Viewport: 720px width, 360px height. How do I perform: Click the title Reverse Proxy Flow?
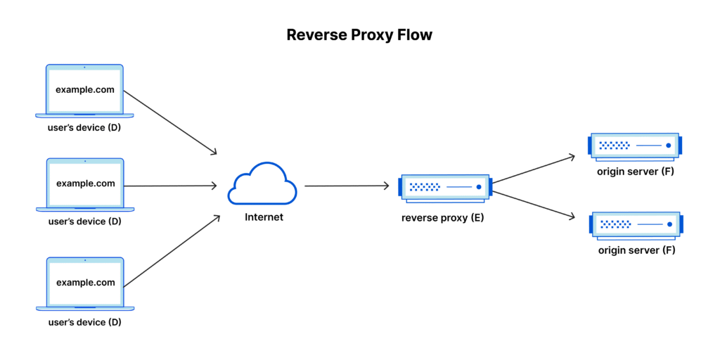pyautogui.click(x=359, y=35)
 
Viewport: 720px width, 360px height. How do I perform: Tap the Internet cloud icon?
pyautogui.click(x=262, y=184)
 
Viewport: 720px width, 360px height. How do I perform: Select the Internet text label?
pyautogui.click(x=264, y=217)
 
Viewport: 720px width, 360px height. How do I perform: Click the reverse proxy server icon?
pyautogui.click(x=444, y=187)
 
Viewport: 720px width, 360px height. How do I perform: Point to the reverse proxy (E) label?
pyautogui.click(x=442, y=218)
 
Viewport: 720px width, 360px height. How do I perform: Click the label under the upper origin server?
pyautogui.click(x=636, y=172)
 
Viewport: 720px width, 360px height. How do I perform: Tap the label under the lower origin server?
pyautogui.click(x=636, y=250)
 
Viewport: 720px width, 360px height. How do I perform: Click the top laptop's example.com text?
pyautogui.click(x=85, y=91)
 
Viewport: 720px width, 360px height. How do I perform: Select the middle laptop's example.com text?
pyautogui.click(x=85, y=184)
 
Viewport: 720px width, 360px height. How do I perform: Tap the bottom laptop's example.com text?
pyautogui.click(x=85, y=283)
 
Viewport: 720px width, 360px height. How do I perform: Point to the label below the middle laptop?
pyautogui.click(x=85, y=221)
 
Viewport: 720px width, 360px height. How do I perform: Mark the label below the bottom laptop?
pyautogui.click(x=85, y=322)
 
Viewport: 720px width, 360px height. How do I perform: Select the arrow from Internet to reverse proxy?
pyautogui.click(x=346, y=186)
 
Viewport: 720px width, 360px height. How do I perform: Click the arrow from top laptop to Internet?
pyautogui.click(x=170, y=122)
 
